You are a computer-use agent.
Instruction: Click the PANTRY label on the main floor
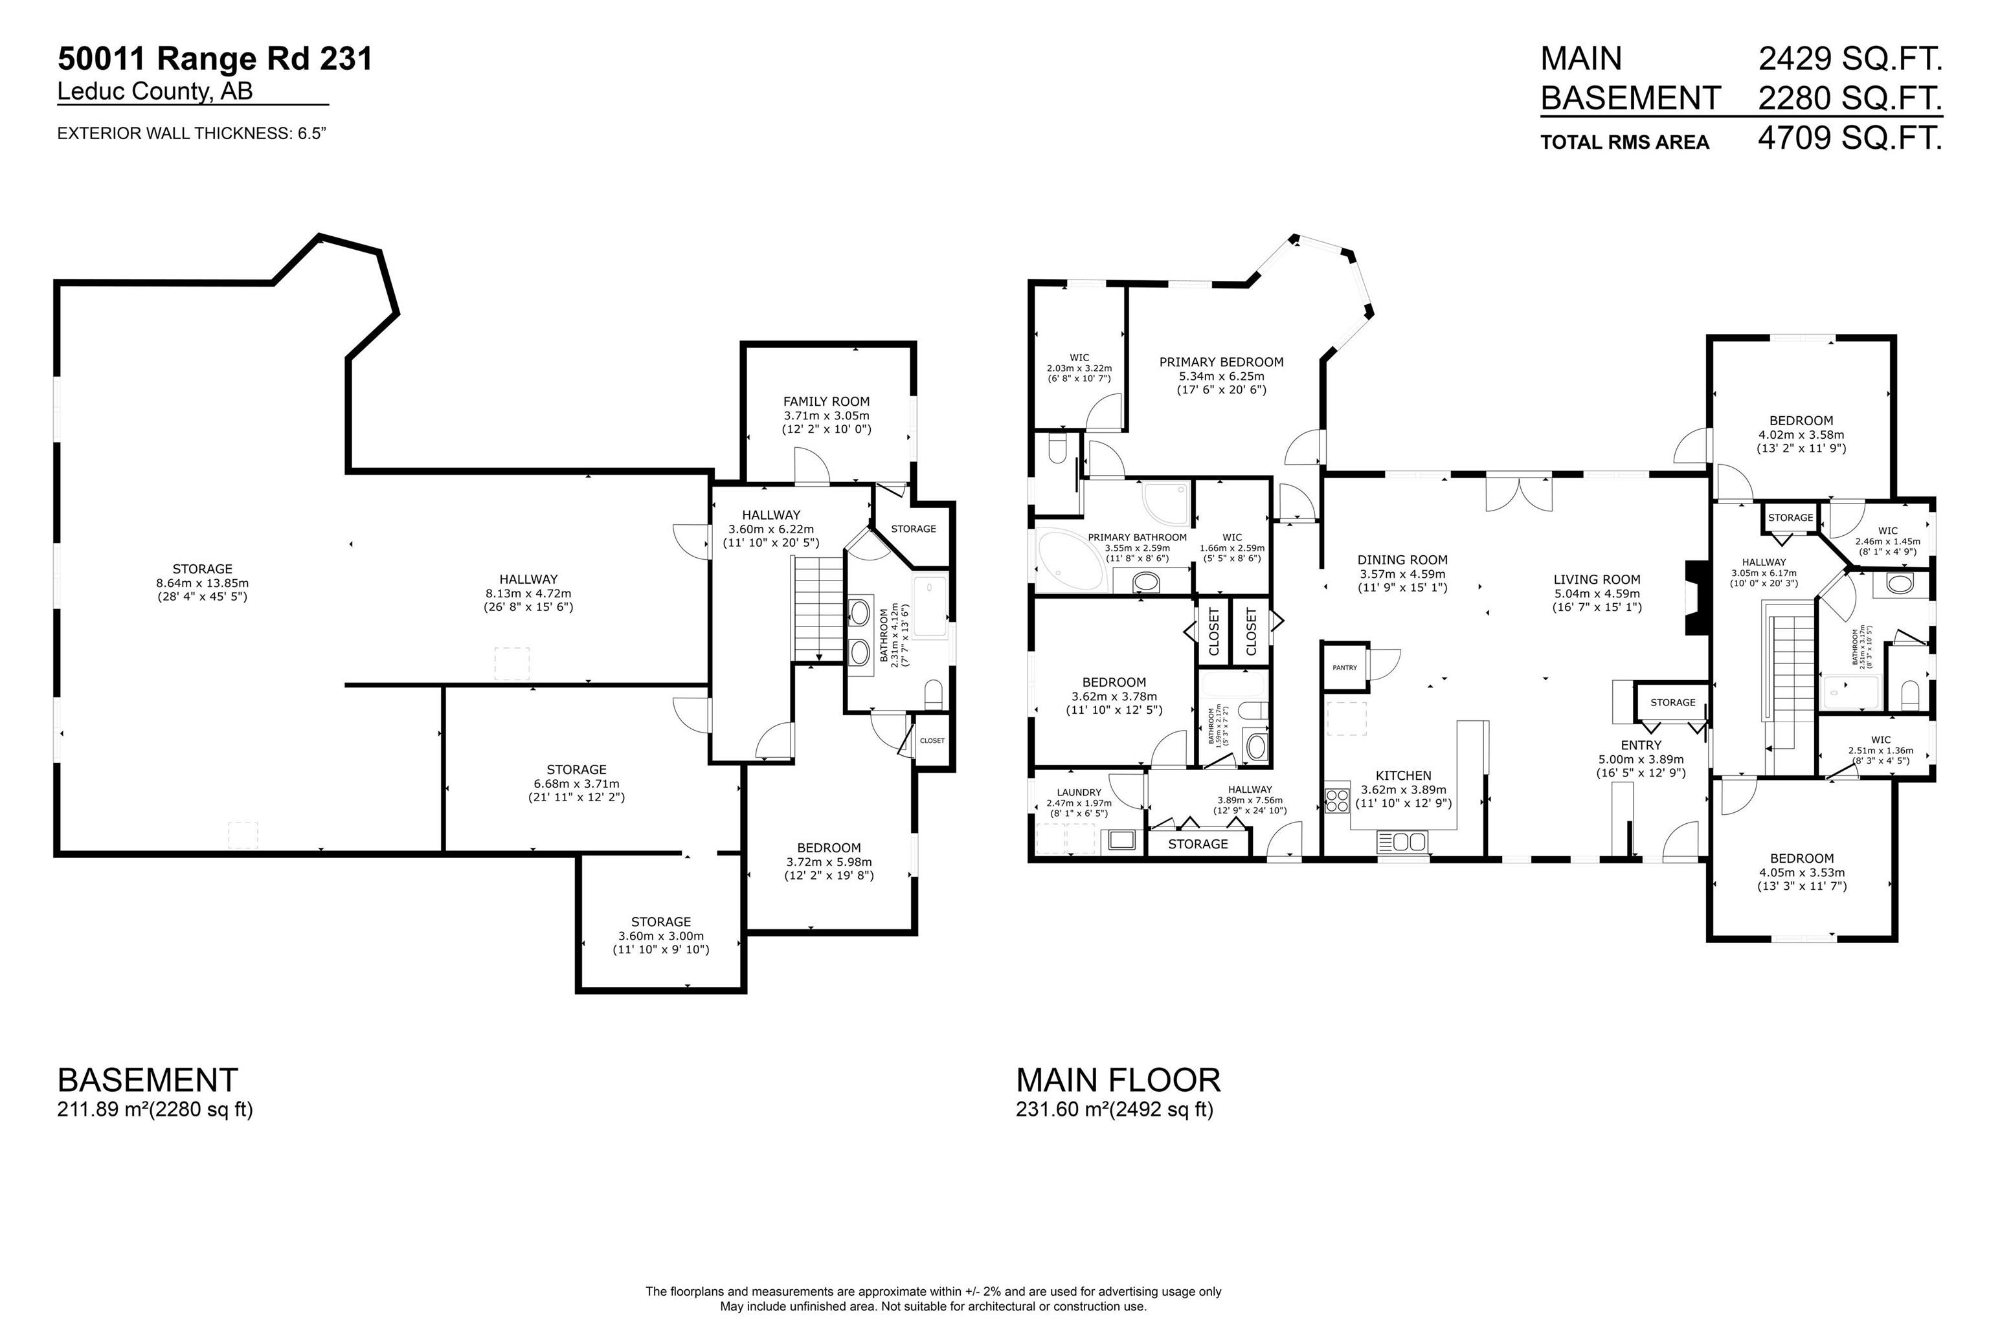click(1344, 667)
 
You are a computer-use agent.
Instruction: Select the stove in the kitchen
click(1337, 799)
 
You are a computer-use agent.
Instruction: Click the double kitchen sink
click(1403, 842)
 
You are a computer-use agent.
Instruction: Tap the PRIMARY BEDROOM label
click(1220, 362)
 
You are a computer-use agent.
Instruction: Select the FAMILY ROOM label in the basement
click(826, 401)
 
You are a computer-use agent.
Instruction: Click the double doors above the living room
click(1519, 494)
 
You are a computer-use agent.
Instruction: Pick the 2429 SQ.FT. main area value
click(1849, 58)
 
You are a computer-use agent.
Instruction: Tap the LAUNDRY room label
click(1079, 793)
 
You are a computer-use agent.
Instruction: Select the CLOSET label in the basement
click(932, 740)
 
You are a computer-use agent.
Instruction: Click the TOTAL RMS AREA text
click(1624, 142)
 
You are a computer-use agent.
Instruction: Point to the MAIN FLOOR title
click(1118, 1080)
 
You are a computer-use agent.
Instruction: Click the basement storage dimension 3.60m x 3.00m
click(661, 936)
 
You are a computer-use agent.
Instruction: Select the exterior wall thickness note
click(192, 134)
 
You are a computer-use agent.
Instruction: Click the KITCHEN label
click(1403, 775)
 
